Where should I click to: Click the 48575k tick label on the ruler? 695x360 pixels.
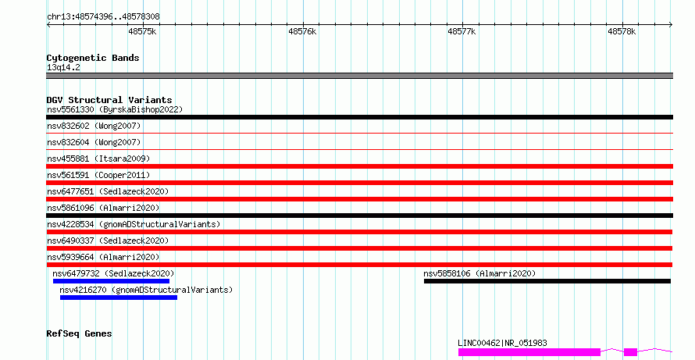point(142,31)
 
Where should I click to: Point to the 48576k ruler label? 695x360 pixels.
point(302,31)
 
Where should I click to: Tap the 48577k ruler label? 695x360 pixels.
point(462,31)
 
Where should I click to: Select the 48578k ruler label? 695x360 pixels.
point(622,31)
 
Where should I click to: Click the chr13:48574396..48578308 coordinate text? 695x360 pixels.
point(103,17)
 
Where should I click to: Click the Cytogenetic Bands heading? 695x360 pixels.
point(93,58)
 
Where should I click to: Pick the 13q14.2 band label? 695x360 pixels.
point(63,67)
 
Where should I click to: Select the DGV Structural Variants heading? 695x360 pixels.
point(109,100)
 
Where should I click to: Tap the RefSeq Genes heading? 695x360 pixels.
point(79,333)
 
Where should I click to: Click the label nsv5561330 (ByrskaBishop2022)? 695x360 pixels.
point(115,109)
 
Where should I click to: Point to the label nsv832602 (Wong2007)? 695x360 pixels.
point(94,126)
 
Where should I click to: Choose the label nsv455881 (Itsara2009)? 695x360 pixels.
point(98,159)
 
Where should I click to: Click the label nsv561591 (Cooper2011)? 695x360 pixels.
point(98,175)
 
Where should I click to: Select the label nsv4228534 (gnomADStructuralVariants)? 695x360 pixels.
point(134,224)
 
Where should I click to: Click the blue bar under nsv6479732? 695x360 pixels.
point(111,281)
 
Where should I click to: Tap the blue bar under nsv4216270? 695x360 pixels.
point(119,298)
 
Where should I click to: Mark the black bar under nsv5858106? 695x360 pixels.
point(547,281)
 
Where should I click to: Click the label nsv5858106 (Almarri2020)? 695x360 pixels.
point(479,273)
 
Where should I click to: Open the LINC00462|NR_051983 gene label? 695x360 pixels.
point(502,343)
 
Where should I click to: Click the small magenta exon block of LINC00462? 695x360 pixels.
point(630,352)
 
